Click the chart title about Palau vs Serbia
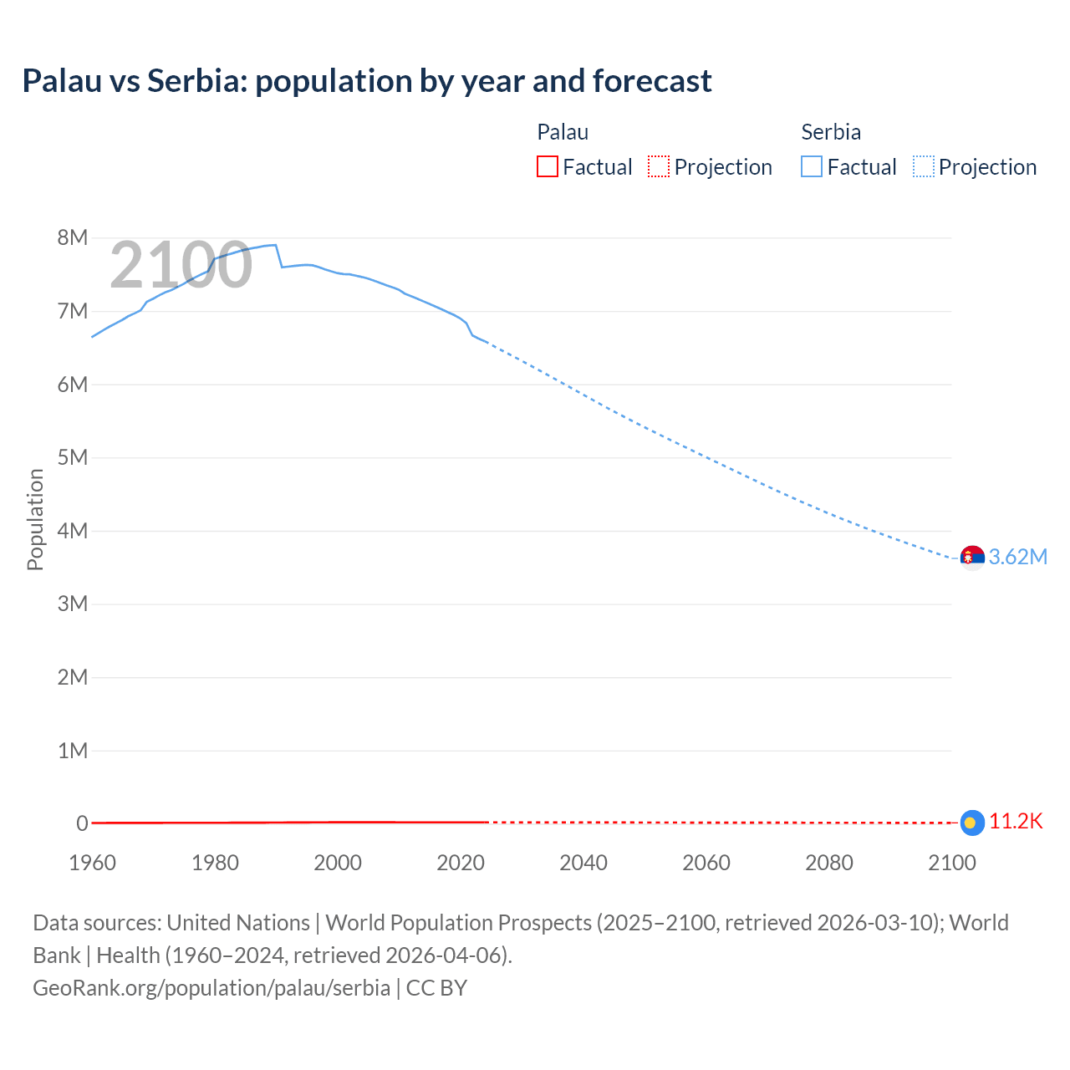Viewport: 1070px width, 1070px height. [367, 81]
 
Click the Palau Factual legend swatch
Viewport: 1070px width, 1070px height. [547, 166]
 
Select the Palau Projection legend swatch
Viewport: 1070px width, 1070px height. [659, 166]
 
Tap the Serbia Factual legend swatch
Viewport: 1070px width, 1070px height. [811, 166]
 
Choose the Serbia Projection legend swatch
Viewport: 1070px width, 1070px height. [923, 166]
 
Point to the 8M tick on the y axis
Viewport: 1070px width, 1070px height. [73, 237]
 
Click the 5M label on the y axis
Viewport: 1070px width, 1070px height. [73, 457]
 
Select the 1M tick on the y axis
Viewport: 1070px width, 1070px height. [73, 751]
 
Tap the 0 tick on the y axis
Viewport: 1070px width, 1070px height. [82, 823]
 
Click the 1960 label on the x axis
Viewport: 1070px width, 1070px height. [92, 863]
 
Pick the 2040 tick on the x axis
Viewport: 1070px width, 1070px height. [583, 863]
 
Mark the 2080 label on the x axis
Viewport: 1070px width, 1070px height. [829, 863]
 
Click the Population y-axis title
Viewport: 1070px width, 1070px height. [35, 519]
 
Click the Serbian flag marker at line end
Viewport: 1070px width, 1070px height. [972, 557]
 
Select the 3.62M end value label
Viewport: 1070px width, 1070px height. [1018, 557]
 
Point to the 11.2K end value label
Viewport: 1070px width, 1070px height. [1016, 822]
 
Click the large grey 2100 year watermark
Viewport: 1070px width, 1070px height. [181, 265]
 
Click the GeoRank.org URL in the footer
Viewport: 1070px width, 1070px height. [211, 987]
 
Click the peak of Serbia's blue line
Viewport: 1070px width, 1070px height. [274, 245]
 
